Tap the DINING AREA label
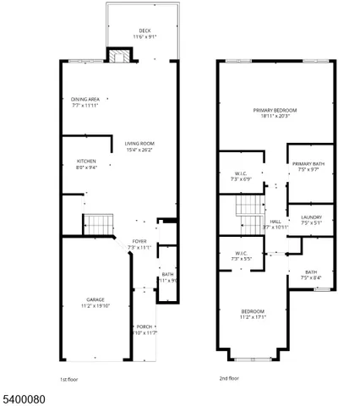[85, 99]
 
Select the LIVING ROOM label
[139, 142]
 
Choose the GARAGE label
[95, 299]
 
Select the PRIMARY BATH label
[308, 163]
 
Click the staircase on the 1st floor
[99, 225]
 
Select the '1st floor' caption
[70, 379]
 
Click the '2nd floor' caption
[229, 379]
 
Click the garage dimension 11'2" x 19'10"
[95, 304]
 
